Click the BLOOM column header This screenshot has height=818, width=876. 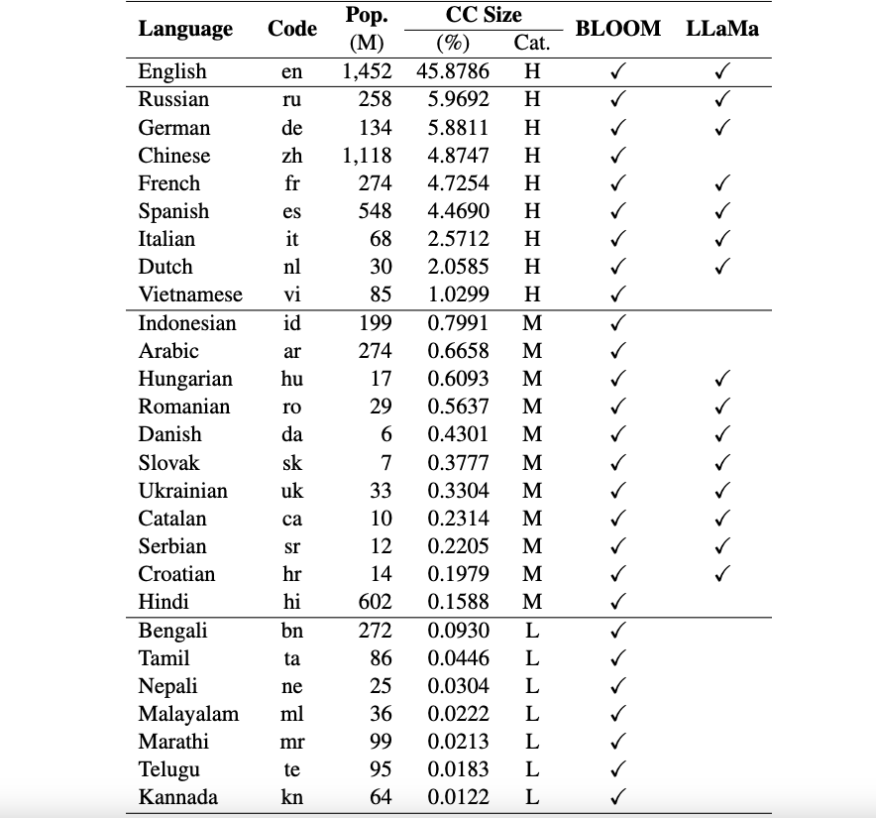pyautogui.click(x=617, y=29)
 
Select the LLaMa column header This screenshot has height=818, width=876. pyautogui.click(x=721, y=29)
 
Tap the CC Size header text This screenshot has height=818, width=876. pyautogui.click(x=483, y=16)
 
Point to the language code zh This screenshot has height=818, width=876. pyautogui.click(x=291, y=156)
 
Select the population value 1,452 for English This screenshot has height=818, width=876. pyautogui.click(x=367, y=71)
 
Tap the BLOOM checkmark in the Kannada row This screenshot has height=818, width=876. pyautogui.click(x=617, y=797)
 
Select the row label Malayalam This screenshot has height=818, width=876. pyautogui.click(x=188, y=714)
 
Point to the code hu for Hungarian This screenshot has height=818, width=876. pyautogui.click(x=291, y=379)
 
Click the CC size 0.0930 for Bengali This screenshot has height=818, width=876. pyautogui.click(x=458, y=631)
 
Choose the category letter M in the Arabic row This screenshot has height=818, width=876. pyautogui.click(x=532, y=351)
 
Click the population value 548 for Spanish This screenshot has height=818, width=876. pyautogui.click(x=375, y=211)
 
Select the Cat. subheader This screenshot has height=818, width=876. pyautogui.click(x=532, y=44)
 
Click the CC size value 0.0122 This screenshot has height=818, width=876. pyautogui.click(x=458, y=797)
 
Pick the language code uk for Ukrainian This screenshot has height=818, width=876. pyautogui.click(x=291, y=491)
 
